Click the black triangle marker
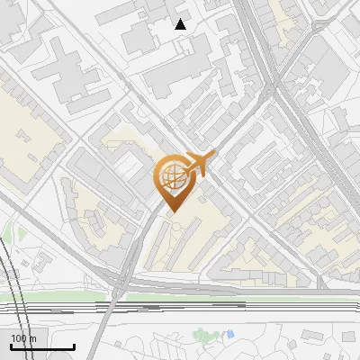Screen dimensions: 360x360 (181, 24)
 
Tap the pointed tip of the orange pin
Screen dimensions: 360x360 (172, 212)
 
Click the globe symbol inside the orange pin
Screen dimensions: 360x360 (171, 176)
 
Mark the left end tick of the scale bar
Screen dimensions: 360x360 (11, 346)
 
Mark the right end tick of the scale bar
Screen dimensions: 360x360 (74, 346)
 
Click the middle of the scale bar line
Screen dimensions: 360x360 (42, 347)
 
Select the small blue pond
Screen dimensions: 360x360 (229, 334)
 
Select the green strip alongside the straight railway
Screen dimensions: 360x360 (225, 295)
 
